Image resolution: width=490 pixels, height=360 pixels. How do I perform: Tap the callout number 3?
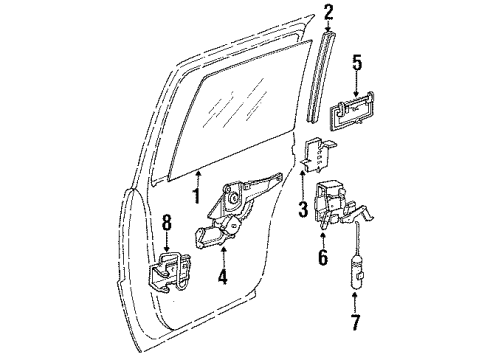[303, 209]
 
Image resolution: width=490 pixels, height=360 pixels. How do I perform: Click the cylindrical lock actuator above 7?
[356, 275]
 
